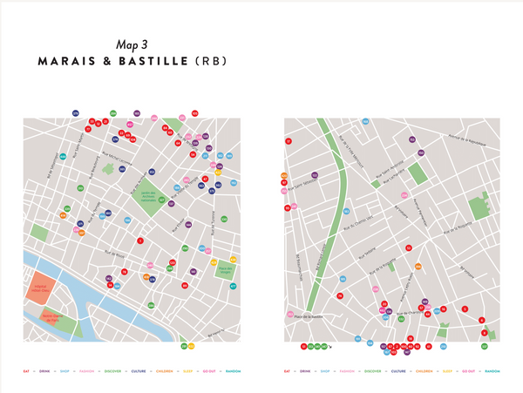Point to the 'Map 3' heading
point(132,44)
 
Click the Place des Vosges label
point(225,269)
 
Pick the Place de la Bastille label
point(307,316)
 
